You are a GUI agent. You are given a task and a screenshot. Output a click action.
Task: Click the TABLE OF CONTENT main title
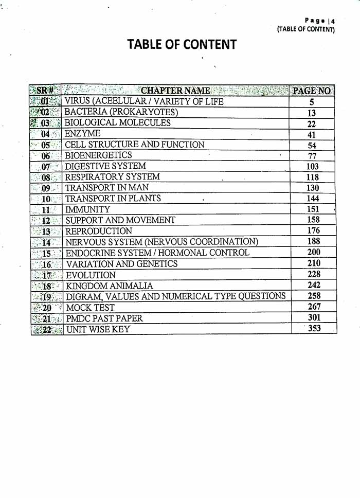tap(182, 45)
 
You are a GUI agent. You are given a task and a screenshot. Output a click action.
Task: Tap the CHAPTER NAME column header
tap(175, 91)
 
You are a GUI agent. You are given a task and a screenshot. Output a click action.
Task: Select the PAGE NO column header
tap(311, 91)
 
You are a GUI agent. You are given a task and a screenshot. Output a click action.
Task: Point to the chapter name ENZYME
tap(82, 134)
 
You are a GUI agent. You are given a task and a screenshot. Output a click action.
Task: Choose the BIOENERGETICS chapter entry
tap(98, 155)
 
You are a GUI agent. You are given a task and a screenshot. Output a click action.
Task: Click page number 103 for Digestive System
tap(312, 167)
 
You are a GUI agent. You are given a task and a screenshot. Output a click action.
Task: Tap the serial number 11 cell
tap(46, 210)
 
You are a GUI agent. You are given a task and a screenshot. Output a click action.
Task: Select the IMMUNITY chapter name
tap(87, 210)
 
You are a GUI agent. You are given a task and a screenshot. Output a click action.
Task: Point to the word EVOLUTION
tap(91, 275)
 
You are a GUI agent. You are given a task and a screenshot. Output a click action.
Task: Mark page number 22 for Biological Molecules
tap(312, 124)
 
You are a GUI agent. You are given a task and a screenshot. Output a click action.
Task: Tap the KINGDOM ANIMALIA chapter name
tap(109, 286)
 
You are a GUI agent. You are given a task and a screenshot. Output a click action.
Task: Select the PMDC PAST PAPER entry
tap(104, 318)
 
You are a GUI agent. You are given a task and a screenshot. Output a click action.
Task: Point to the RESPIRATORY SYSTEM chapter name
tap(112, 177)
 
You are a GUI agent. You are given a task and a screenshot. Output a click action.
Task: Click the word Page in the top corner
tap(315, 21)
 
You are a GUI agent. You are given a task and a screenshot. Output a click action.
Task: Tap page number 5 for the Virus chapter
tap(312, 102)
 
